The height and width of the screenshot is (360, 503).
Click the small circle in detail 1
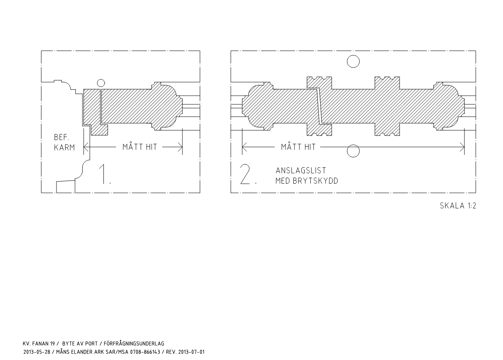[101, 80]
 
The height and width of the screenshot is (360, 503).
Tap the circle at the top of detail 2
[353, 55]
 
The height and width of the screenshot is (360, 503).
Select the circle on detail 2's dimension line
[353, 145]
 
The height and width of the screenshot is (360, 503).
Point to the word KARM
[64, 148]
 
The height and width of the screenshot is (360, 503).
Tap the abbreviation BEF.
[62, 137]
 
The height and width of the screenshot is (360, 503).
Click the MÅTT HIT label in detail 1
[140, 147]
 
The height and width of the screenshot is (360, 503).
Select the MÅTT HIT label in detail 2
[298, 147]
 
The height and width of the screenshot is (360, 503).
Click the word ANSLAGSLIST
[301, 171]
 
